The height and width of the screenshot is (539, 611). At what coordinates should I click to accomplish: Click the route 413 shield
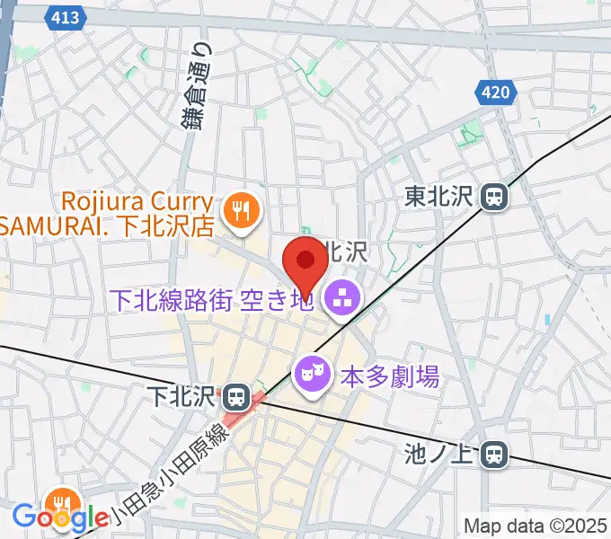tap(65, 17)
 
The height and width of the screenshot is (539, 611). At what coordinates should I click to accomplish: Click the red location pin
tap(305, 261)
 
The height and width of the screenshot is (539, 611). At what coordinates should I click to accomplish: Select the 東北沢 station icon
tap(493, 196)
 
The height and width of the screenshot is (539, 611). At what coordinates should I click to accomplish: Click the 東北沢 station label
tap(439, 196)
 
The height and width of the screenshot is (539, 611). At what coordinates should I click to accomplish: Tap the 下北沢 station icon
tap(236, 395)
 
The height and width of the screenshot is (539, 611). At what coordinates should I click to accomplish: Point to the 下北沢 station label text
tap(183, 395)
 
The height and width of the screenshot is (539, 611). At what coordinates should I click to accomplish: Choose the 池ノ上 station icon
tap(493, 455)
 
